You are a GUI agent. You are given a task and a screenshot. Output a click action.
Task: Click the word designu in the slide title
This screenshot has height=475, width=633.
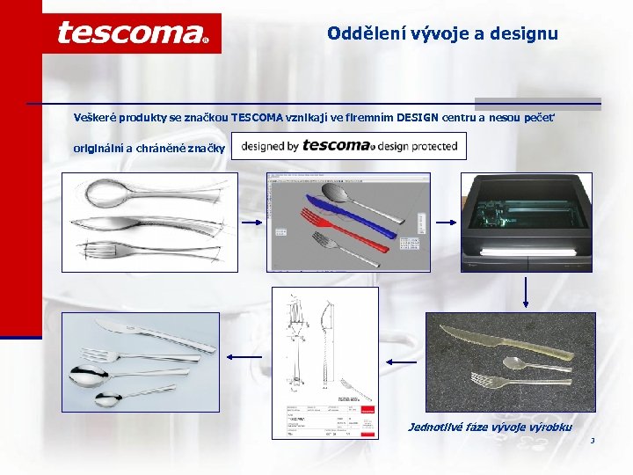pos(526,34)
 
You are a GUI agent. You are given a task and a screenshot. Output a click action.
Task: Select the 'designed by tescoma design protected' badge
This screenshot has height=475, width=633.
pos(350,146)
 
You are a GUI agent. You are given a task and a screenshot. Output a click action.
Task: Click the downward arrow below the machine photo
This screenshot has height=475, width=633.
pos(525,294)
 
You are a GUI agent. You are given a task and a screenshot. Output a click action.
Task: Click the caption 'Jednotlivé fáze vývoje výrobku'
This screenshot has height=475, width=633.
pos(490,427)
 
